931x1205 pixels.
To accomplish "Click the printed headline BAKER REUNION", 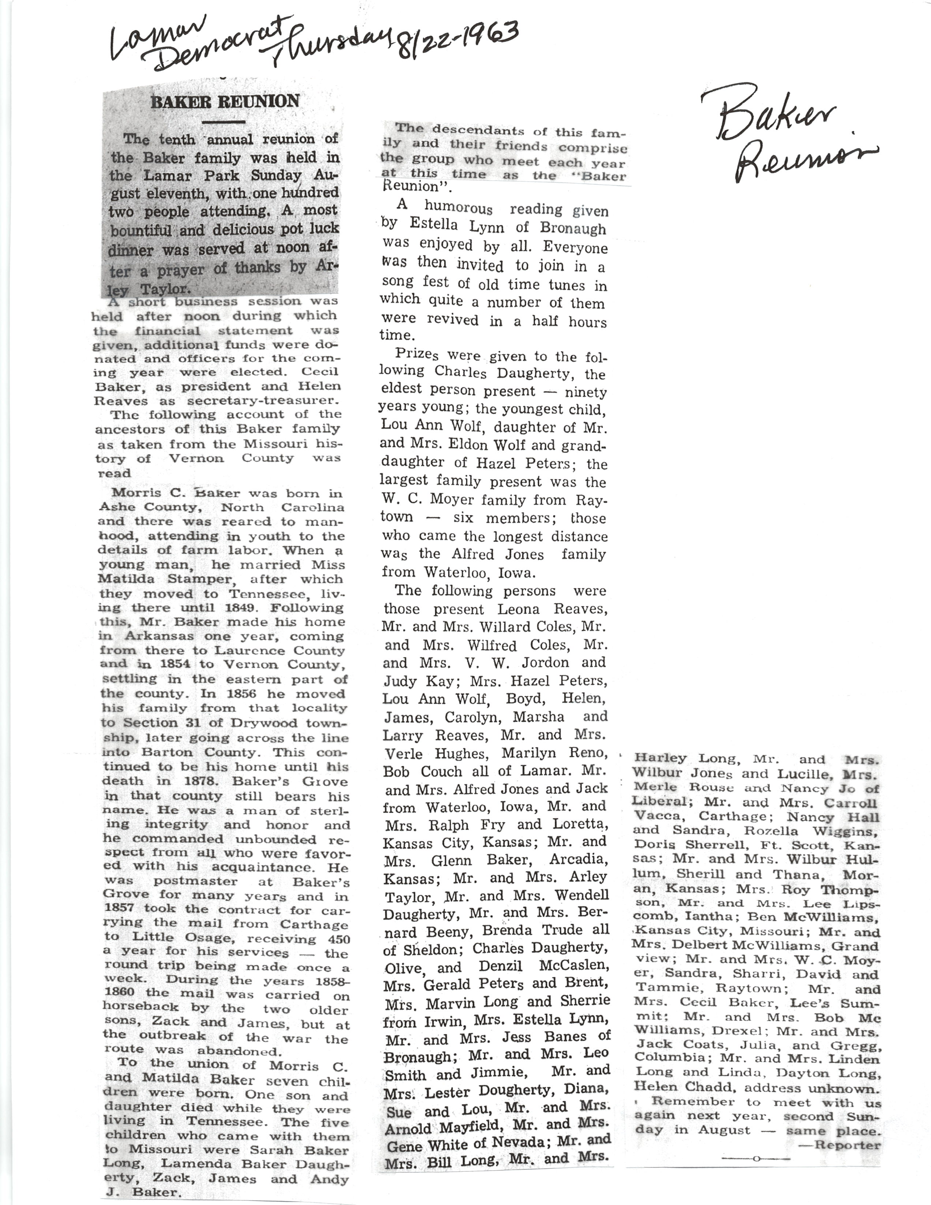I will point(225,102).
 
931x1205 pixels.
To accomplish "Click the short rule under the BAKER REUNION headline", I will point(224,121).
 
